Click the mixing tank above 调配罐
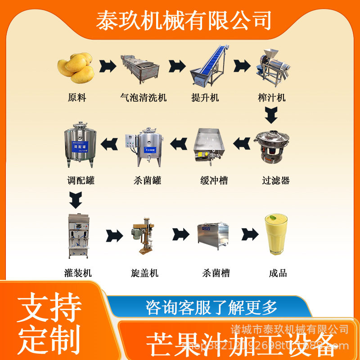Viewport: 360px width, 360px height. pyautogui.click(x=80, y=144)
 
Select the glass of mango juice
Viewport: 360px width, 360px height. pyautogui.click(x=275, y=234)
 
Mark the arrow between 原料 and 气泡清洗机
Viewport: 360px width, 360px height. pyautogui.click(x=108, y=67)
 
